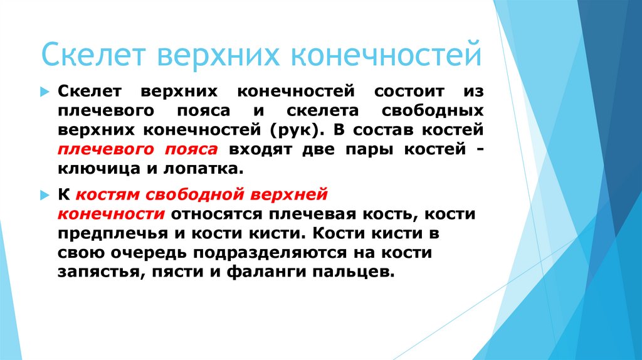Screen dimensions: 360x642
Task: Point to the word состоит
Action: coord(410,92)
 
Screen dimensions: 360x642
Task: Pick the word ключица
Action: coord(92,169)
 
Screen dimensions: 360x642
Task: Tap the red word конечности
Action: coord(111,214)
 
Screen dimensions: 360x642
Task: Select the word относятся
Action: coord(216,214)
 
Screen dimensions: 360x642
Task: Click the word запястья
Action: coord(96,273)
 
